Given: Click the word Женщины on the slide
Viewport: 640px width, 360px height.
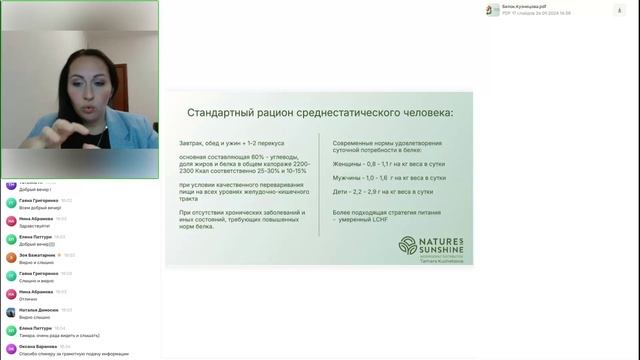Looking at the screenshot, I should pos(346,162).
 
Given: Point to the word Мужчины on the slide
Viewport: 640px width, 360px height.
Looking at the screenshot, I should pos(346,177).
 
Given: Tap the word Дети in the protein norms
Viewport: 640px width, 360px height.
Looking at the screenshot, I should pos(340,192).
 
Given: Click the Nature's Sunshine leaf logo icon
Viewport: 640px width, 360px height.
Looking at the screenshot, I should pos(406,245).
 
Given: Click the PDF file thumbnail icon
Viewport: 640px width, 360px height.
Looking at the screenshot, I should pos(491,10).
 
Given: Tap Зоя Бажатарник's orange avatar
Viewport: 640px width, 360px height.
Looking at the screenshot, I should pos(11,256).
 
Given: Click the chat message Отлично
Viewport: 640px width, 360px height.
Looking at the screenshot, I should pos(28,297).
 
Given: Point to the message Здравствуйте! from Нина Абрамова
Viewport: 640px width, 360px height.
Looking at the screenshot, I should pos(34,224).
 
